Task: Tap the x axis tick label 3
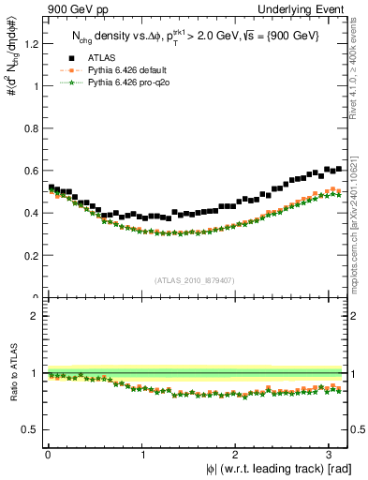click(x=329, y=455)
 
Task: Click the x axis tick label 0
click(x=47, y=455)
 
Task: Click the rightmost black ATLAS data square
click(x=338, y=169)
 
